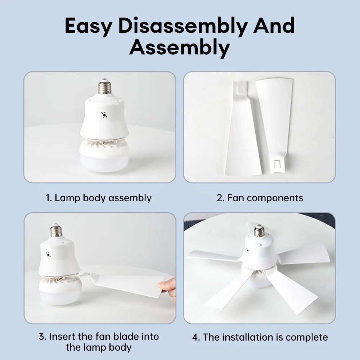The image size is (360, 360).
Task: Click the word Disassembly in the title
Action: [x=183, y=26]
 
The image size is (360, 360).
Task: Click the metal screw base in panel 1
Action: [x=105, y=86]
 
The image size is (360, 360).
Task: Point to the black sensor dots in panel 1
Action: [x=104, y=114]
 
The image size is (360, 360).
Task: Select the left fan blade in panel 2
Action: [x=243, y=129]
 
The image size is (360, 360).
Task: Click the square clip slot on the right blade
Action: [x=276, y=163]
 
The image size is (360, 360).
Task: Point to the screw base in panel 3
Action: [x=56, y=230]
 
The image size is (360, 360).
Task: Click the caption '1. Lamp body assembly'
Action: [x=99, y=198]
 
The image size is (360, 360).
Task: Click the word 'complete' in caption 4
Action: [x=307, y=338]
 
